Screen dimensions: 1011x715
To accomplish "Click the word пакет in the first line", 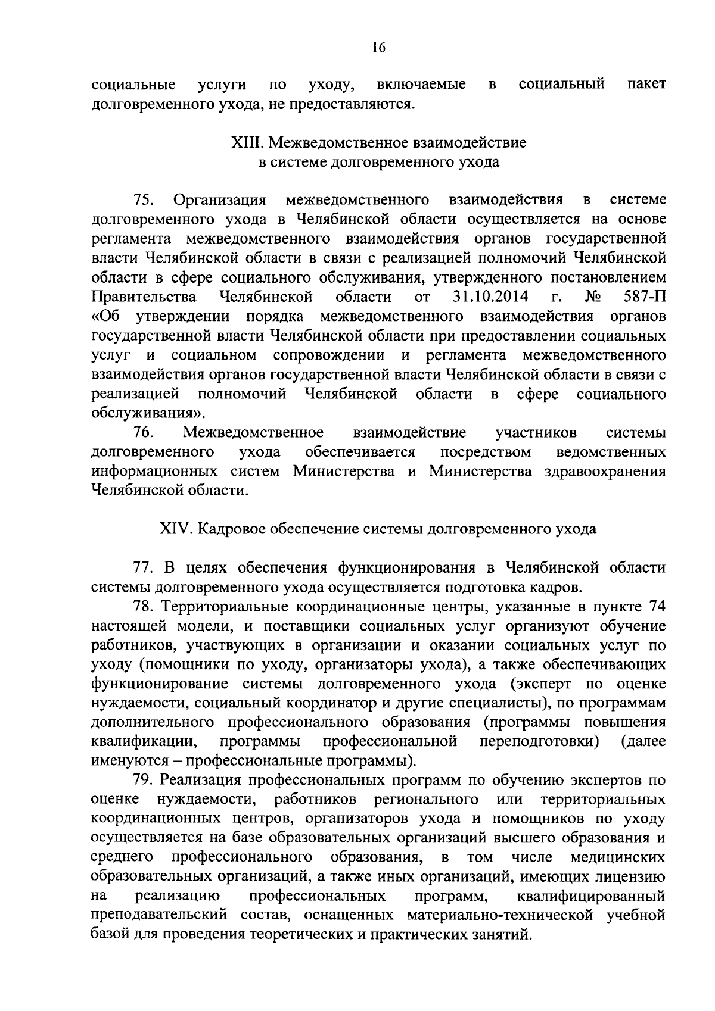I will [646, 85].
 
